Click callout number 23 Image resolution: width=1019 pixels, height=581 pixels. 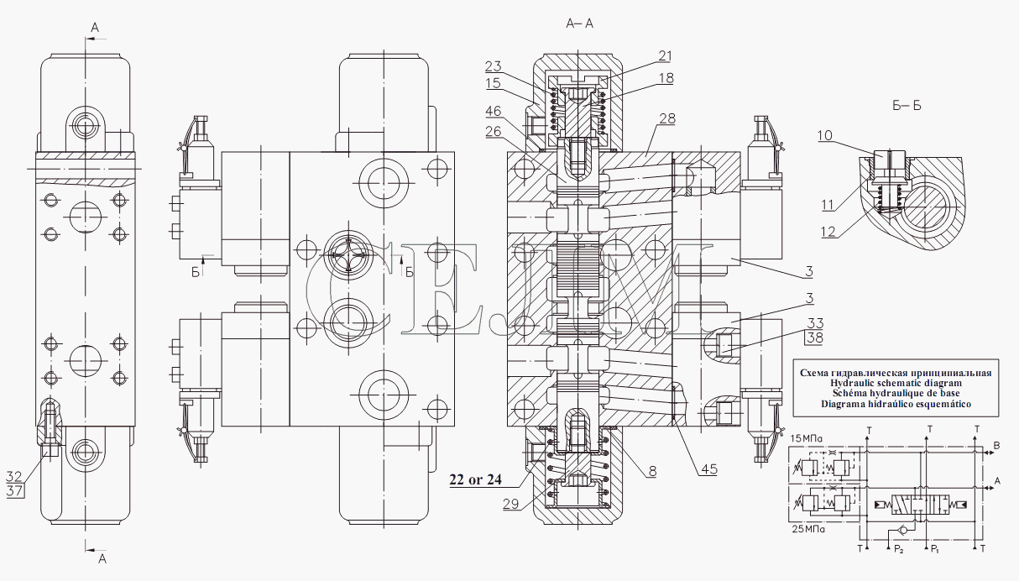tap(493, 66)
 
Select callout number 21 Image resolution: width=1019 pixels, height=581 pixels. tap(665, 56)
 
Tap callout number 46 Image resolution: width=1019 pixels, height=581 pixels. tap(493, 111)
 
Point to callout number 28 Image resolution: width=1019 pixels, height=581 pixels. tap(667, 118)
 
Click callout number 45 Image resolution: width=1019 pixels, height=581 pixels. tap(709, 469)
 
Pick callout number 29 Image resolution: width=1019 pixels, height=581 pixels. tap(511, 504)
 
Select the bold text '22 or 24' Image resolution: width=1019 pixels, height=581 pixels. tap(475, 479)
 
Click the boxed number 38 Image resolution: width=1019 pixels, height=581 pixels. tap(814, 338)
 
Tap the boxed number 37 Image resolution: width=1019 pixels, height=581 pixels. tap(14, 491)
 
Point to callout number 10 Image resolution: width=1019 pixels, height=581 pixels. tap(824, 135)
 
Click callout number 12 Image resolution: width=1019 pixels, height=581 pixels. tap(828, 232)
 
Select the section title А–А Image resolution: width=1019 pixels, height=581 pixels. tap(579, 24)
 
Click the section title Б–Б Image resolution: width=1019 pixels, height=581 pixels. tap(907, 106)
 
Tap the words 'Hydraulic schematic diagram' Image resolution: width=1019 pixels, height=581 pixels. tap(896, 383)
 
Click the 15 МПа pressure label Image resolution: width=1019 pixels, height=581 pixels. tap(806, 438)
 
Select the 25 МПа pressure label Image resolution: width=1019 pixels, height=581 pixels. tap(808, 529)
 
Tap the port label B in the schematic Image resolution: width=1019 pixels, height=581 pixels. tap(996, 446)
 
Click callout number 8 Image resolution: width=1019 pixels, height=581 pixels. tap(652, 471)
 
